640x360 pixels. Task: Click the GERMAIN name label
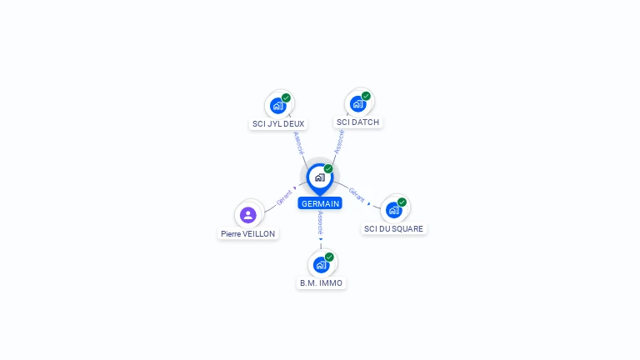[x=320, y=203]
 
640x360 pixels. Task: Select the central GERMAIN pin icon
[x=320, y=177]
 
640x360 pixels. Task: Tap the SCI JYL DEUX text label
[x=278, y=124]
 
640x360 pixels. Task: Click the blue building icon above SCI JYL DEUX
[x=278, y=106]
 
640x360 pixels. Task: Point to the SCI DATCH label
[x=357, y=122]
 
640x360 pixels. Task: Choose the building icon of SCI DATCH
[x=358, y=104]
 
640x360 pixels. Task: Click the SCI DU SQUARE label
[x=393, y=228]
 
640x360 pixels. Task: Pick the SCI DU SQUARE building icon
[x=393, y=209]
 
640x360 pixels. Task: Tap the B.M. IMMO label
[x=321, y=283]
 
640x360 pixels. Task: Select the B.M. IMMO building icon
[x=321, y=265]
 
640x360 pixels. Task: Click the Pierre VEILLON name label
[x=248, y=234]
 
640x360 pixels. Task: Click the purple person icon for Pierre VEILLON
[x=247, y=215]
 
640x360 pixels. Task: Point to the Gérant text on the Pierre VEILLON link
[x=284, y=197]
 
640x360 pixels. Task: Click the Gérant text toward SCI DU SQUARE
[x=357, y=194]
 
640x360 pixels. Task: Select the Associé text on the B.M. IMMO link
[x=320, y=223]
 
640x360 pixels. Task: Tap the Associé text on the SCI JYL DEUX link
[x=299, y=142]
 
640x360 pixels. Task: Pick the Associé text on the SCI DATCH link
[x=339, y=141]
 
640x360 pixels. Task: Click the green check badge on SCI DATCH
[x=366, y=96]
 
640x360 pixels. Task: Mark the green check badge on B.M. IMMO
[x=329, y=257]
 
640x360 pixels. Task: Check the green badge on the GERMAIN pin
[x=328, y=168]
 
